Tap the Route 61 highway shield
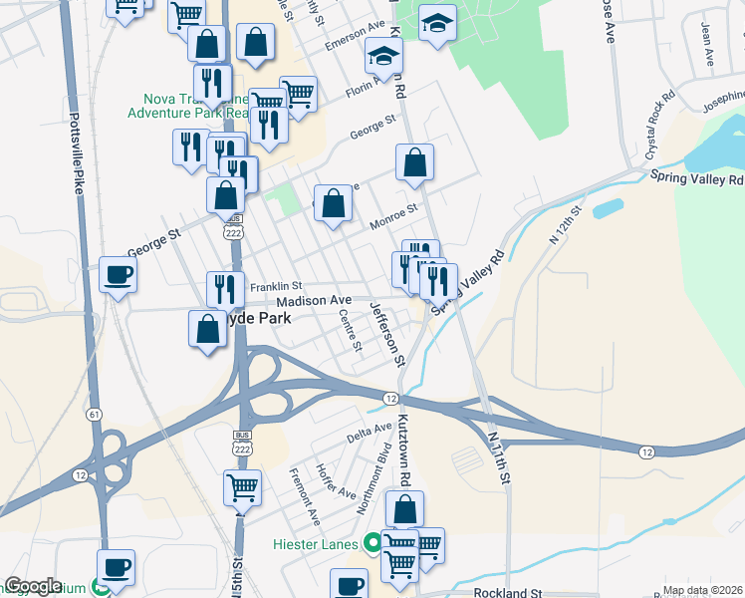95,414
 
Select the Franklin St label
269,286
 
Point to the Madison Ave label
314,300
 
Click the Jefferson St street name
388,332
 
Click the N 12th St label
564,225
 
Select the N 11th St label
499,453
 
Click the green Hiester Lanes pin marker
372,544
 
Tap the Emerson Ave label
355,37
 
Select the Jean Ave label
708,46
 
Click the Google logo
34,586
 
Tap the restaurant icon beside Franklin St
225,289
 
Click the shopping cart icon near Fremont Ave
242,488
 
